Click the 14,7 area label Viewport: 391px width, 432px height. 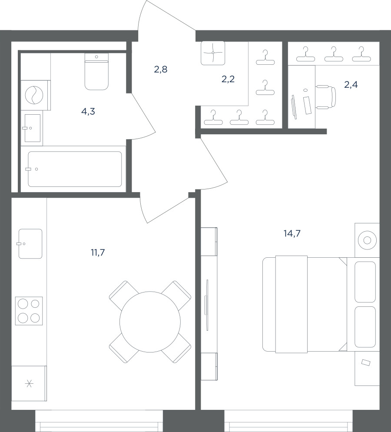click(292, 234)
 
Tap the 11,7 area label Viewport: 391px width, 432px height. click(98, 253)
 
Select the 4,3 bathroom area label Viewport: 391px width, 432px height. click(88, 112)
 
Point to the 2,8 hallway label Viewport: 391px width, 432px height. click(161, 70)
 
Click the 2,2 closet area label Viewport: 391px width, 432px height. click(228, 80)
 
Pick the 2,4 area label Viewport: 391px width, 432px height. click(351, 85)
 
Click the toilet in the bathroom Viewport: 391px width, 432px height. click(96, 72)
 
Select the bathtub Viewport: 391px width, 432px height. click(75, 169)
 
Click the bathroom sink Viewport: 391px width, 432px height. click(33, 128)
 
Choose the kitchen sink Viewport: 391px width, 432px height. click(30, 244)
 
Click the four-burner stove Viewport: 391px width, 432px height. click(29, 311)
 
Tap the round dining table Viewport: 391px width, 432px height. click(150, 322)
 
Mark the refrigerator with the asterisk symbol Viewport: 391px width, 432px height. click(29, 383)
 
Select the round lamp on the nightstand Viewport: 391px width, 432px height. click(367, 240)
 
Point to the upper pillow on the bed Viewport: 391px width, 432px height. click(365, 282)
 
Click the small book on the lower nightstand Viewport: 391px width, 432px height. click(366, 362)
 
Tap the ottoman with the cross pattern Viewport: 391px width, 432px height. click(213, 53)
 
